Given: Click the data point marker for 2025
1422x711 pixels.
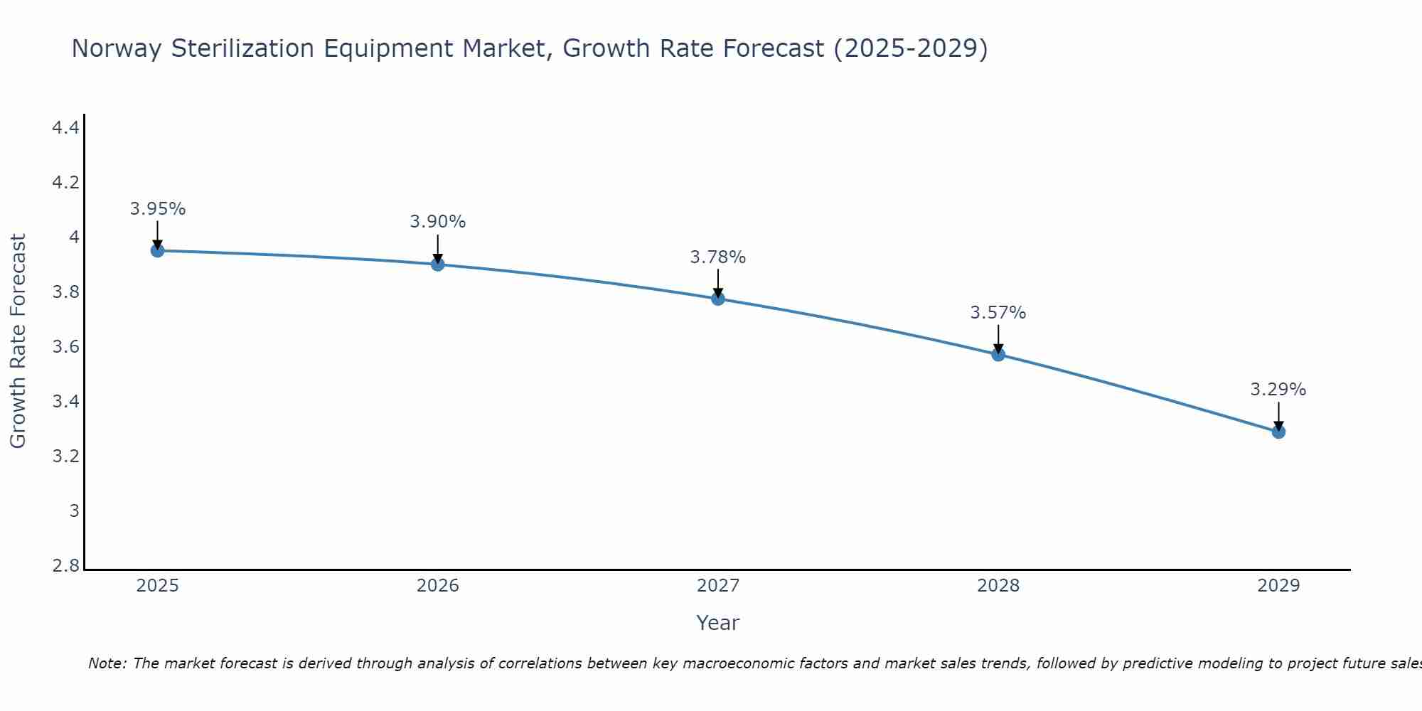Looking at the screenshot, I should [x=158, y=250].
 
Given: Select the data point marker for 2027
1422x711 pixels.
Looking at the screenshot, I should [x=718, y=299].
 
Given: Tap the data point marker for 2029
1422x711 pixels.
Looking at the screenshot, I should [x=1278, y=432].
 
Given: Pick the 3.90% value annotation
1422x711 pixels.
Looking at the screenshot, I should [x=438, y=222].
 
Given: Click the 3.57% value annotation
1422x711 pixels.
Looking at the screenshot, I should [x=998, y=313].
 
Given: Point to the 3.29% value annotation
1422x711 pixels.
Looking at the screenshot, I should [x=1278, y=390].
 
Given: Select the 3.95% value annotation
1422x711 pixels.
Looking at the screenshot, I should [x=158, y=209].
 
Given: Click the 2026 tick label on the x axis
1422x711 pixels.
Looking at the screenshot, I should [x=438, y=586].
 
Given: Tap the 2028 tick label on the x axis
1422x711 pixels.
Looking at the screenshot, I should [x=998, y=586].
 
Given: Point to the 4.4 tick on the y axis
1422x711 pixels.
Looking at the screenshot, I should [x=65, y=128].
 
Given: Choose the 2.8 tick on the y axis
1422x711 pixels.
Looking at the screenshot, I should [x=65, y=566].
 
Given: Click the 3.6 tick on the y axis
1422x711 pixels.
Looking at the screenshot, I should [x=65, y=347].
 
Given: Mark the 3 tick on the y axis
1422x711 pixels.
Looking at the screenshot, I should [x=74, y=511].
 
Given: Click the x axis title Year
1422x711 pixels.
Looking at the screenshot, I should [x=718, y=623].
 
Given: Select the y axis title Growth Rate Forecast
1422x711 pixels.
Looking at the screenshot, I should [x=18, y=341].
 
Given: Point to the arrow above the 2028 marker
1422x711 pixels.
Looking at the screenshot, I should [x=998, y=339].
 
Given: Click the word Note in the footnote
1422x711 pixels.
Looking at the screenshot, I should [x=107, y=663].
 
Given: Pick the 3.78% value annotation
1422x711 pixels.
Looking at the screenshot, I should [x=718, y=257].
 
